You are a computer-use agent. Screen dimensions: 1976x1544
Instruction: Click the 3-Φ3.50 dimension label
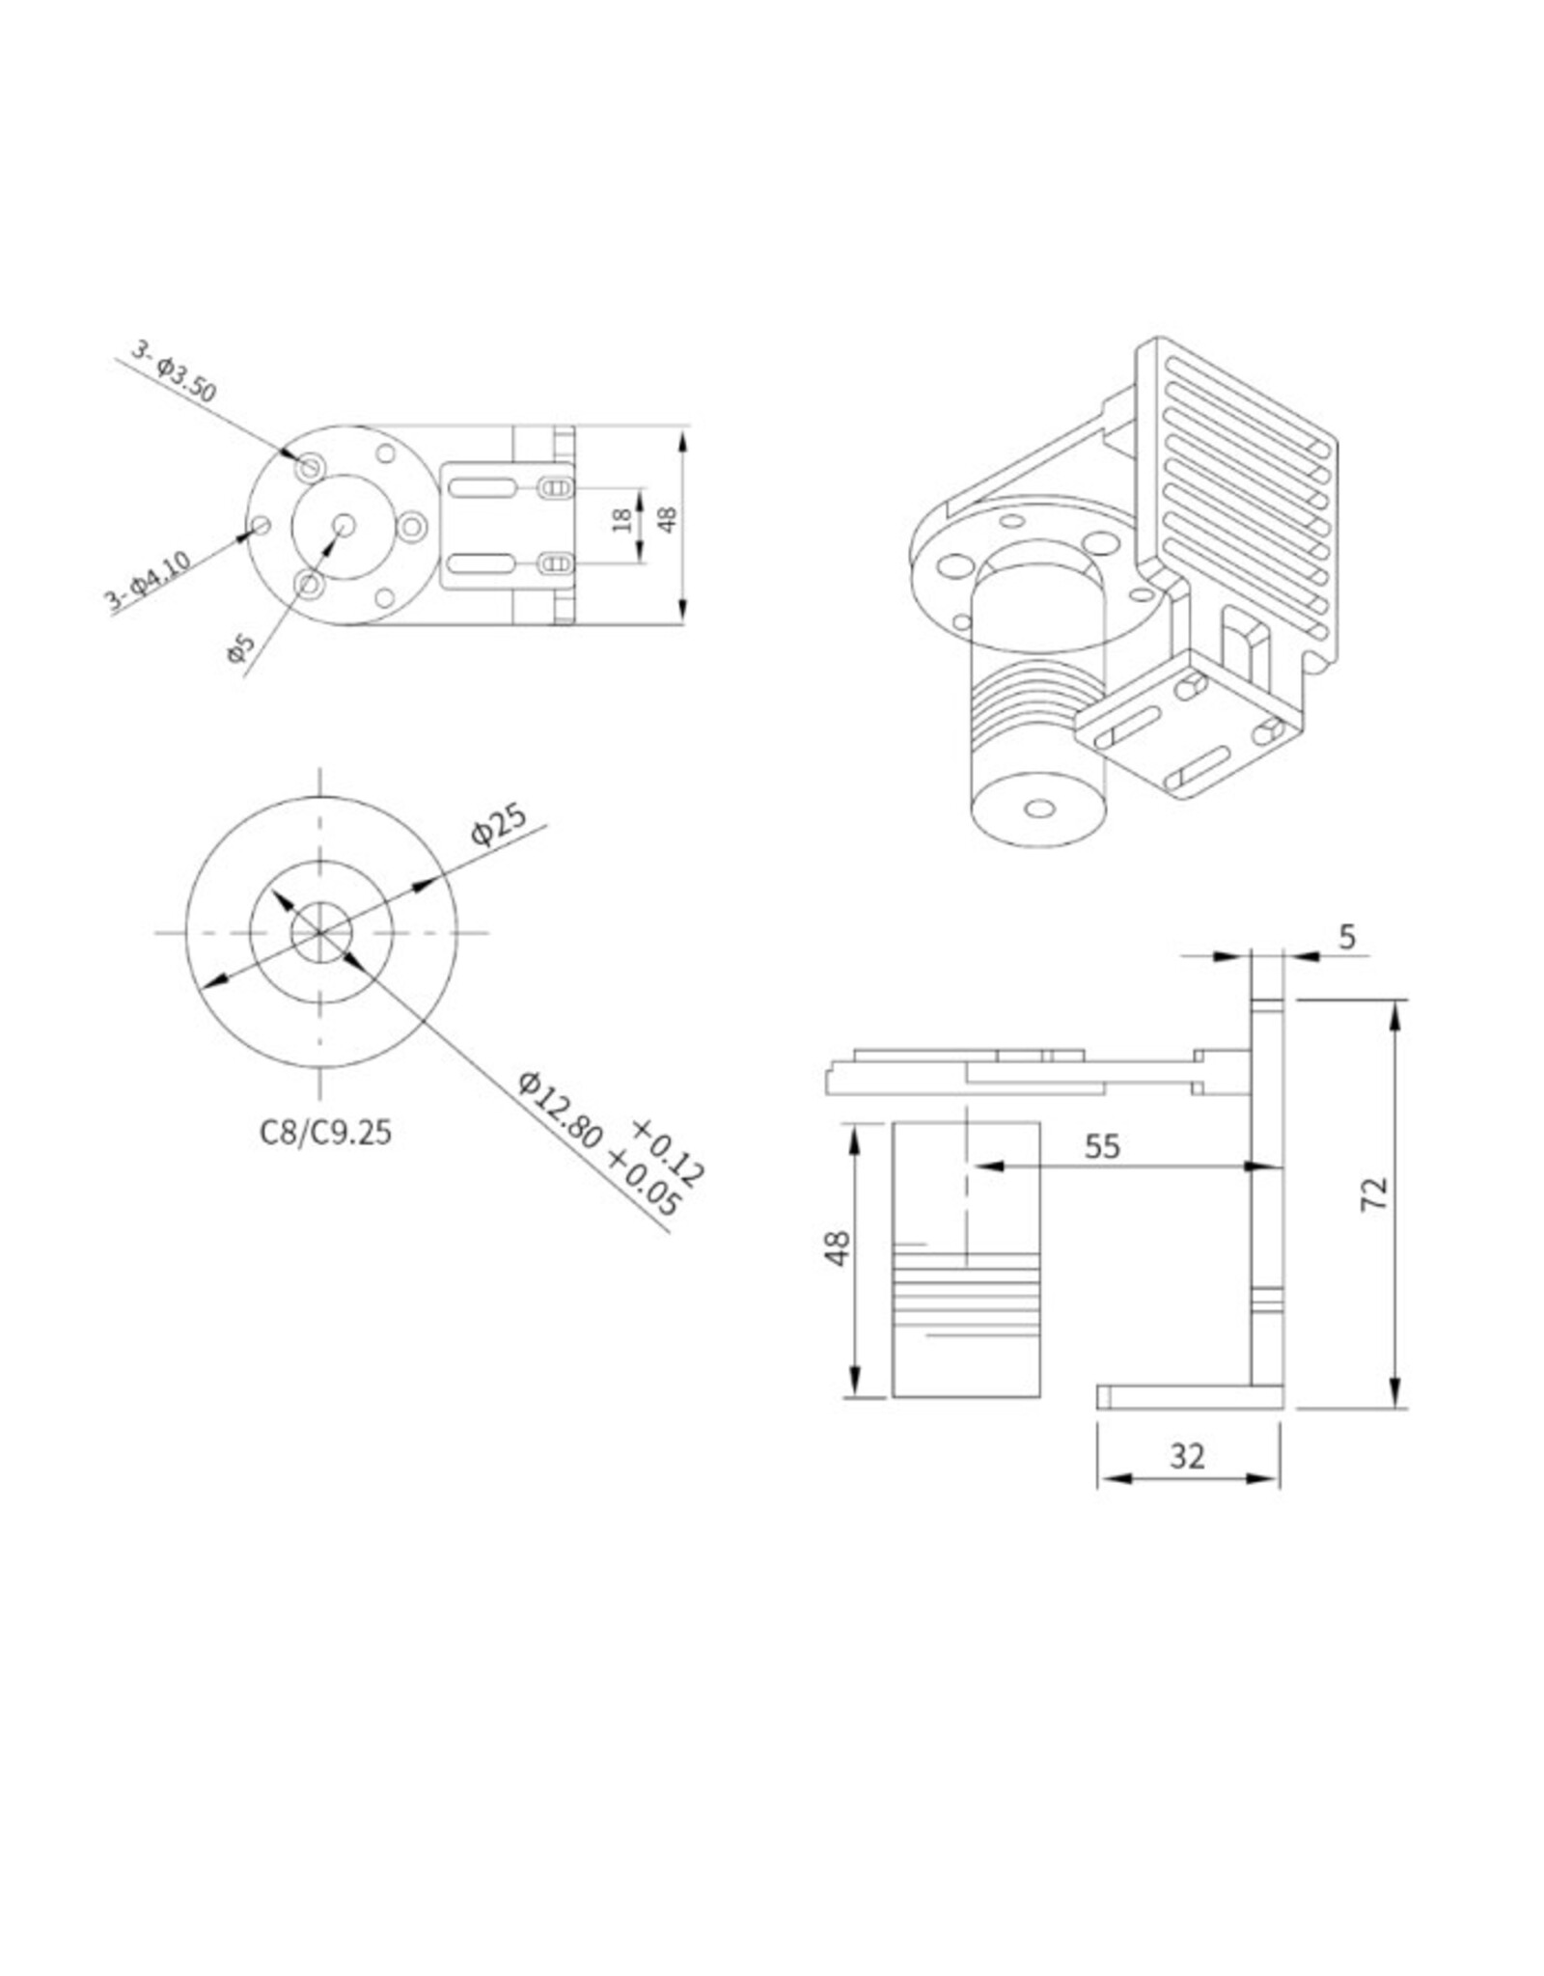[174, 371]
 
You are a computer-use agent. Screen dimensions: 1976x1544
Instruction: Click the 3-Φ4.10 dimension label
[148, 582]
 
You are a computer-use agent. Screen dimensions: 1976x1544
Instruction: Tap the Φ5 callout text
[239, 647]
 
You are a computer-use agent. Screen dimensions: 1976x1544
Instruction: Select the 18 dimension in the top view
[622, 520]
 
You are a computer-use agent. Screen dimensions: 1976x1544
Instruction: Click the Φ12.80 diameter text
[561, 1111]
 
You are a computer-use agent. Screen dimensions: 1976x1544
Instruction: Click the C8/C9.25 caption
[325, 1132]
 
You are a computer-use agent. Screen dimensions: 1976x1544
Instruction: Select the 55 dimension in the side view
[1102, 1146]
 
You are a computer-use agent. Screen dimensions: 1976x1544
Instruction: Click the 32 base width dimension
[1187, 1456]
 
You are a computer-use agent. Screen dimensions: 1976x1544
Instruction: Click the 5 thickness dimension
[1347, 936]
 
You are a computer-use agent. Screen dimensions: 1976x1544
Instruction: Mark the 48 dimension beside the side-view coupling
[838, 1249]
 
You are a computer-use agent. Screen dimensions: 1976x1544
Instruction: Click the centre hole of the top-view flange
[344, 525]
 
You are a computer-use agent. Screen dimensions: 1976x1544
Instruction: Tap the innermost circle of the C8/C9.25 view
[321, 933]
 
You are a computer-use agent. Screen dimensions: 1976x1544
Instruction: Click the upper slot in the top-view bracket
[482, 488]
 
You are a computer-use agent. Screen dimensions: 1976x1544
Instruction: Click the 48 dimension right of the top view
[667, 519]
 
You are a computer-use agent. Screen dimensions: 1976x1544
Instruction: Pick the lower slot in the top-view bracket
[482, 563]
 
